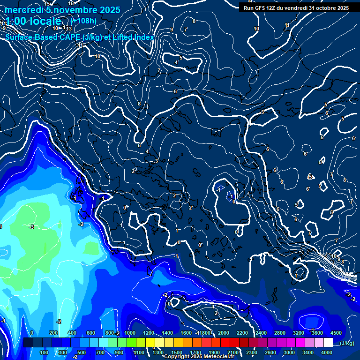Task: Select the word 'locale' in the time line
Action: tap(45, 21)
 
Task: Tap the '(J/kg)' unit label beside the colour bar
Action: tap(347, 343)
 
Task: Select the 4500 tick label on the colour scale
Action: tap(336, 333)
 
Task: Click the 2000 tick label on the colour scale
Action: tap(223, 333)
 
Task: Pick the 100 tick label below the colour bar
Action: tap(44, 352)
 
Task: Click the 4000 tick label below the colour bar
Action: tap(327, 352)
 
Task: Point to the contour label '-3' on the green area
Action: tap(31, 227)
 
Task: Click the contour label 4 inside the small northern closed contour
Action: tap(176, 62)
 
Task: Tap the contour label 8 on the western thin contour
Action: tap(139, 104)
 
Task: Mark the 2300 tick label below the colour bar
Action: tap(252, 352)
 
